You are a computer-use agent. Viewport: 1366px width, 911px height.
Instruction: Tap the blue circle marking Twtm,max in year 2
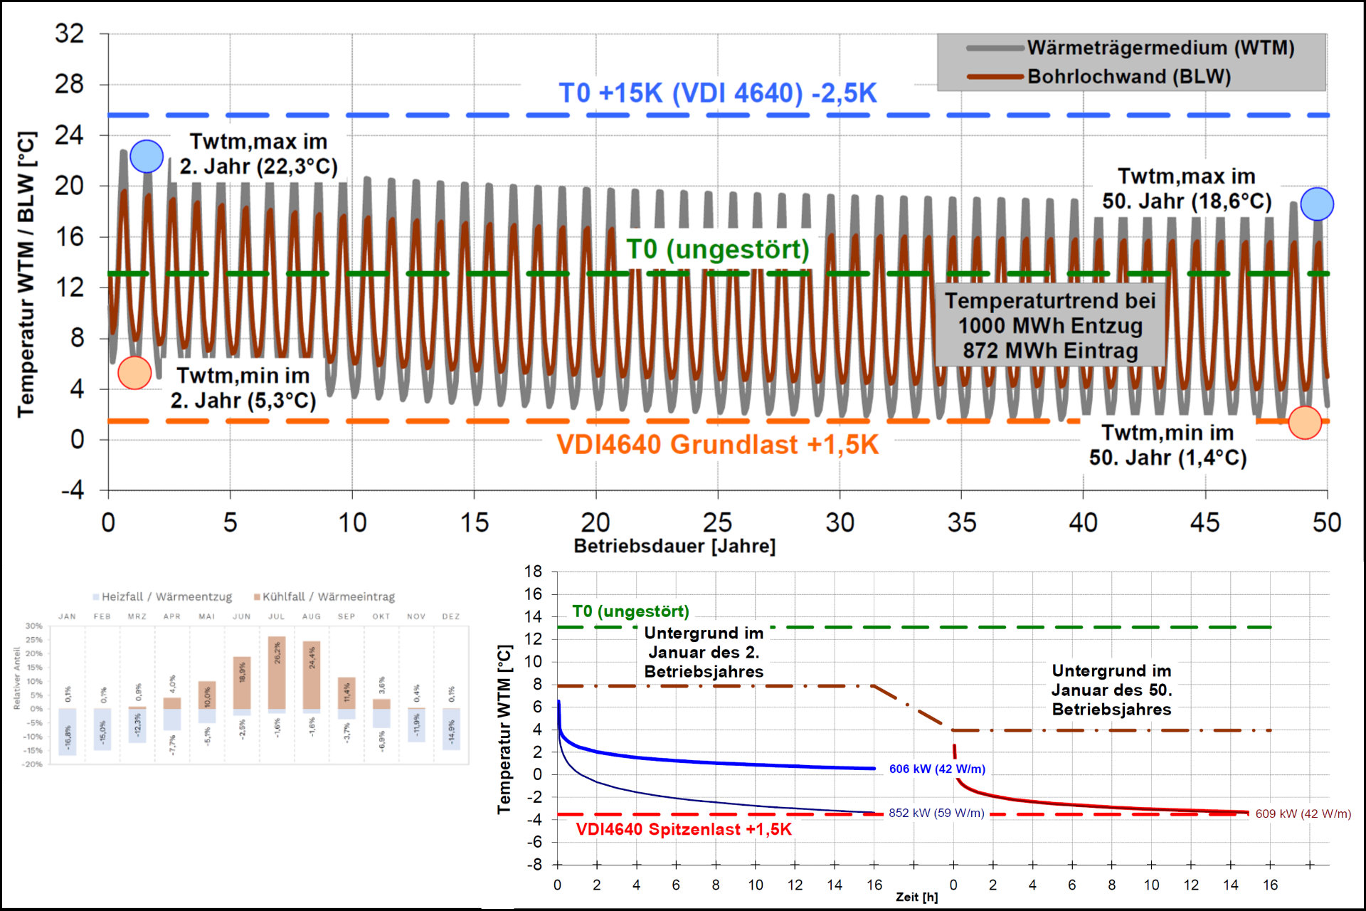[x=147, y=157]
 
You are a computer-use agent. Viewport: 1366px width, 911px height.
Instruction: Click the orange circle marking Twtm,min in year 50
[x=1305, y=423]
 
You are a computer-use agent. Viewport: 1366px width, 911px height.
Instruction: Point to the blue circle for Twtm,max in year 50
[x=1317, y=204]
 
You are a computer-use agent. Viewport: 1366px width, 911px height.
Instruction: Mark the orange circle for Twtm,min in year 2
[x=134, y=372]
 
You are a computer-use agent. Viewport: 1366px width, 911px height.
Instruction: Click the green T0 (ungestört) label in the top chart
[x=717, y=250]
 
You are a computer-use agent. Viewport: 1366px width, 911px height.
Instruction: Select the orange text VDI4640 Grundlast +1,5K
[x=717, y=445]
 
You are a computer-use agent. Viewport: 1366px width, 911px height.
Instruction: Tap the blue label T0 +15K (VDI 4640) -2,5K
[x=717, y=93]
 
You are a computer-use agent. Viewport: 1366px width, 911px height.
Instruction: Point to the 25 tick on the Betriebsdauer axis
[x=717, y=523]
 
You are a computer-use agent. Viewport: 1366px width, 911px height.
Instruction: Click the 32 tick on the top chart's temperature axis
[x=70, y=33]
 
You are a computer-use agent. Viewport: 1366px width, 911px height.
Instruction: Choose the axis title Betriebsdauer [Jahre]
[x=674, y=547]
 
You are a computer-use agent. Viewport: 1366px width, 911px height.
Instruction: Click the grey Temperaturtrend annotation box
[x=1050, y=326]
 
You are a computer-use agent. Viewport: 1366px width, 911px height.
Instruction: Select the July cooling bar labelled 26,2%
[x=277, y=673]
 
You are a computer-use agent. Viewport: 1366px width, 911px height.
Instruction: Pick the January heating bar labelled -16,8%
[x=68, y=732]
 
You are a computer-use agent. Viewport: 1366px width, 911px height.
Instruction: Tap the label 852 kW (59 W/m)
[x=936, y=813]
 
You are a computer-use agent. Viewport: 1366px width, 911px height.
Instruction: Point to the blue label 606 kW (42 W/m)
[x=937, y=769]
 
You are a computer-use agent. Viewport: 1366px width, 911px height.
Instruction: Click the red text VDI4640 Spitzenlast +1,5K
[x=684, y=830]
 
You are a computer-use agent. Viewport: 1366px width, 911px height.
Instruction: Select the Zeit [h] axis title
[x=916, y=897]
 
